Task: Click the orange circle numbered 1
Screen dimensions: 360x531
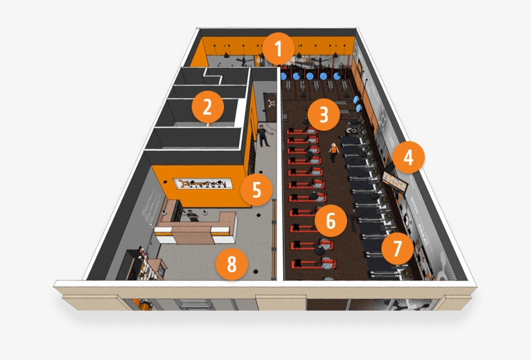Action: pyautogui.click(x=279, y=48)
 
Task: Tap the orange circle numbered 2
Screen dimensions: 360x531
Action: pyautogui.click(x=207, y=107)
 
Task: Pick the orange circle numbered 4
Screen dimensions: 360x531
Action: pyautogui.click(x=408, y=157)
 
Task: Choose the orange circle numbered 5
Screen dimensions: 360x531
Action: pyautogui.click(x=256, y=190)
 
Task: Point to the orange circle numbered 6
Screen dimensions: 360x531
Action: pyautogui.click(x=330, y=221)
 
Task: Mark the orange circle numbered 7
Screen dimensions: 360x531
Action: pyautogui.click(x=397, y=247)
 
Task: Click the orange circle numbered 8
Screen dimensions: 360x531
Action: pyautogui.click(x=232, y=264)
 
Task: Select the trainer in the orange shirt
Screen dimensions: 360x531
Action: pyautogui.click(x=333, y=152)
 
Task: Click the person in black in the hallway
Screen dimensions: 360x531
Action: pyautogui.click(x=262, y=135)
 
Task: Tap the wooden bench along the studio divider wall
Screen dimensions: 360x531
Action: pyautogui.click(x=275, y=227)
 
